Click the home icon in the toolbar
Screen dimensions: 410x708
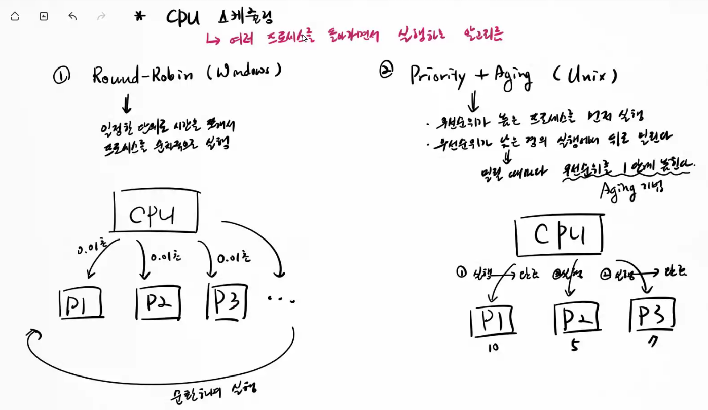pos(15,16)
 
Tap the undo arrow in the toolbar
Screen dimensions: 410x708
pos(72,16)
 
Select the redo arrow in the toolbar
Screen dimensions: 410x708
pos(101,16)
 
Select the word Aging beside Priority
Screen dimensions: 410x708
pos(511,77)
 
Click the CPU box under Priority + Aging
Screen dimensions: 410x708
pos(560,236)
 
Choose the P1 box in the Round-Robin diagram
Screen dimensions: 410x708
pos(82,303)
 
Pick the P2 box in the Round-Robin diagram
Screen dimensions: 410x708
pos(158,303)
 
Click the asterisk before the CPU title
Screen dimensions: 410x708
pos(139,17)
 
